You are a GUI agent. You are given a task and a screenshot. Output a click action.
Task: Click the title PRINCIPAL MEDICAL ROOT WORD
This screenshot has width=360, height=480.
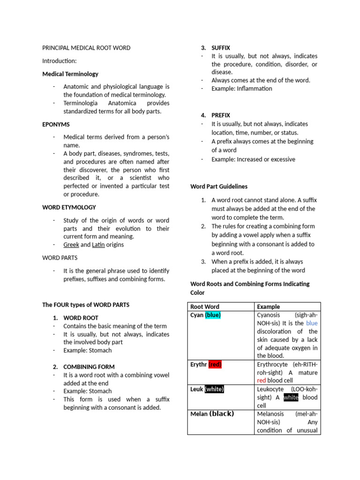point(86,48)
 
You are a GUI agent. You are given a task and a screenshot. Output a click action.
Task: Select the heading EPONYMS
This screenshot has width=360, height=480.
point(56,124)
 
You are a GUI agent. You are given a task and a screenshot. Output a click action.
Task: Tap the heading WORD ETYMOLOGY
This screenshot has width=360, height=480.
point(69,207)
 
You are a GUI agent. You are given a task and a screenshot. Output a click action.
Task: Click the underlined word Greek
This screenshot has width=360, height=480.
point(71,245)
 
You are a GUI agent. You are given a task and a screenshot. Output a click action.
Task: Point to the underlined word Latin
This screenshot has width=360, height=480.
point(98,245)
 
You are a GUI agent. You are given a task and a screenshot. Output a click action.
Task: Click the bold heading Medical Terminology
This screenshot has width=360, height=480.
point(70,74)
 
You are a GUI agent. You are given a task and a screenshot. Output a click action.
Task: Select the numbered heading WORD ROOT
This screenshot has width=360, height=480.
point(81,317)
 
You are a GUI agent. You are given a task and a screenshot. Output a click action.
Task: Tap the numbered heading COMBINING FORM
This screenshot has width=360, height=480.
point(89,367)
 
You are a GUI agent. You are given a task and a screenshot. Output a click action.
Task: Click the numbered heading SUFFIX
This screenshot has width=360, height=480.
point(221,48)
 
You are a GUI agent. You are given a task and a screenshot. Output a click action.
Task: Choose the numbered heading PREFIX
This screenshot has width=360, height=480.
point(221,115)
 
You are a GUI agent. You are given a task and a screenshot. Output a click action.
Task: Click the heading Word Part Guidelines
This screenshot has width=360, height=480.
point(219,186)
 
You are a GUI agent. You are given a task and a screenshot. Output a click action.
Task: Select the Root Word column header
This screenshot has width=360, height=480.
point(205,307)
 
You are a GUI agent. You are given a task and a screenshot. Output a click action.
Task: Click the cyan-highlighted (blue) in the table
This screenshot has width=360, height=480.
point(213,315)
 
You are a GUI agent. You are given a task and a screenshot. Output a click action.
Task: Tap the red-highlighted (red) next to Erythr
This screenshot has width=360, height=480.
point(215,364)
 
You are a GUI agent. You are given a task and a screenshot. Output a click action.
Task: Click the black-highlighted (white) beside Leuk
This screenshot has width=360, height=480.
point(214,389)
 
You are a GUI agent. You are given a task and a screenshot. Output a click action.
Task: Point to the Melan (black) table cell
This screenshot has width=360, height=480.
point(212,414)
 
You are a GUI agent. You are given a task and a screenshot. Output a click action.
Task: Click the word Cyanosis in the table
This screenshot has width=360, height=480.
point(270,315)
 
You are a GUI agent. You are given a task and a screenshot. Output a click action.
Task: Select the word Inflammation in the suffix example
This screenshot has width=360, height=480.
point(254,89)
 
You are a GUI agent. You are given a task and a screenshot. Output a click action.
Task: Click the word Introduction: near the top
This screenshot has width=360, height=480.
point(60,61)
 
